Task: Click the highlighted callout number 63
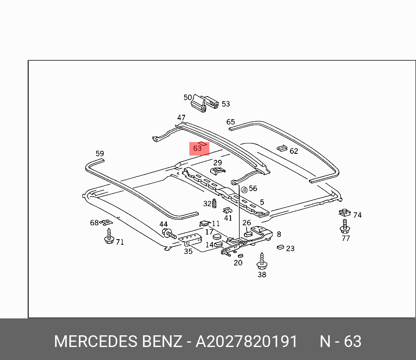click(198, 148)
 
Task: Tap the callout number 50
click(188, 97)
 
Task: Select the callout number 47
click(181, 118)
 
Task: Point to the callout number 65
click(231, 122)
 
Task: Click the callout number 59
click(100, 153)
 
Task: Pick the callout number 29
click(218, 162)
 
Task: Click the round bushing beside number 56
click(244, 189)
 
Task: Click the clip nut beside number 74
click(344, 213)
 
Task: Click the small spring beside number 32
click(214, 203)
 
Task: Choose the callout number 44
click(163, 224)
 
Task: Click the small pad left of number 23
click(280, 247)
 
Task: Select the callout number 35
click(188, 251)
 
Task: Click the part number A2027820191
click(247, 341)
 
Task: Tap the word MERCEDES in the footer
click(95, 341)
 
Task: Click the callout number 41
click(228, 218)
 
